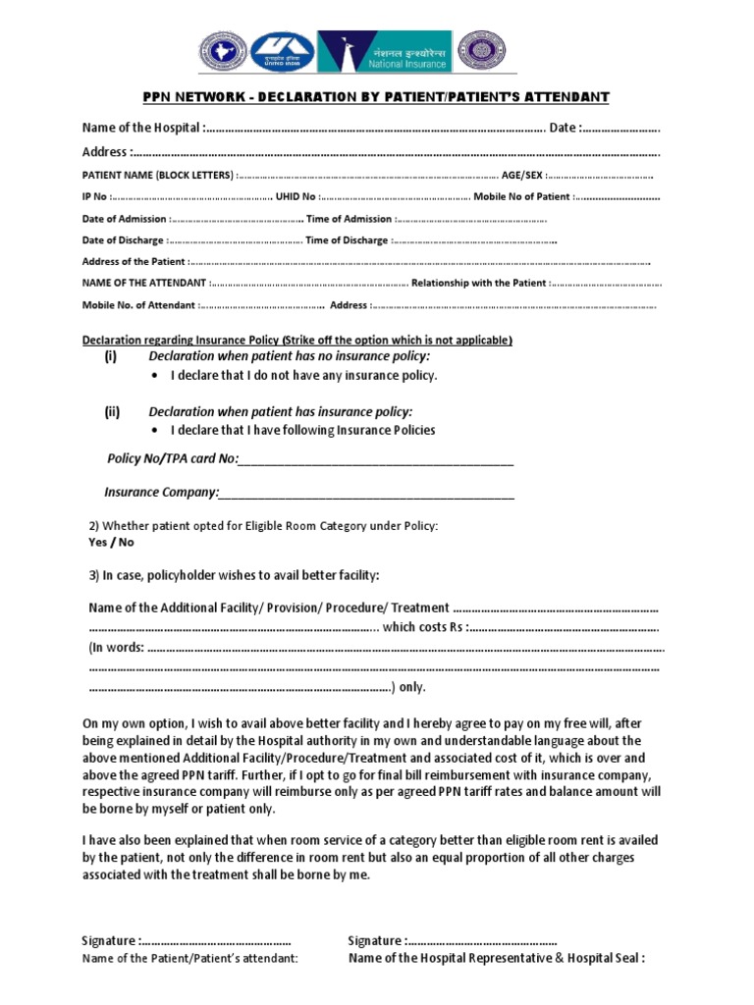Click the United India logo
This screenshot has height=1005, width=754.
coord(283,52)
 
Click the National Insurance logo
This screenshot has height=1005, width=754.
coord(391,52)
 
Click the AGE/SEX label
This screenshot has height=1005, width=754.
coord(521,175)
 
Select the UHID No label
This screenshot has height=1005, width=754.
coord(296,197)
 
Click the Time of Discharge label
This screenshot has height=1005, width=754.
coord(347,240)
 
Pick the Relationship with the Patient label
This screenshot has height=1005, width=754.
coord(479,284)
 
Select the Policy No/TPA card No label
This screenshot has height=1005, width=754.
coord(172,459)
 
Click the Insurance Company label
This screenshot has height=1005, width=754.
coord(161,492)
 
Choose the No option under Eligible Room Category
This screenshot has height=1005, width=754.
coord(127,542)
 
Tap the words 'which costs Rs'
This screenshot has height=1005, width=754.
coord(423,628)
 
